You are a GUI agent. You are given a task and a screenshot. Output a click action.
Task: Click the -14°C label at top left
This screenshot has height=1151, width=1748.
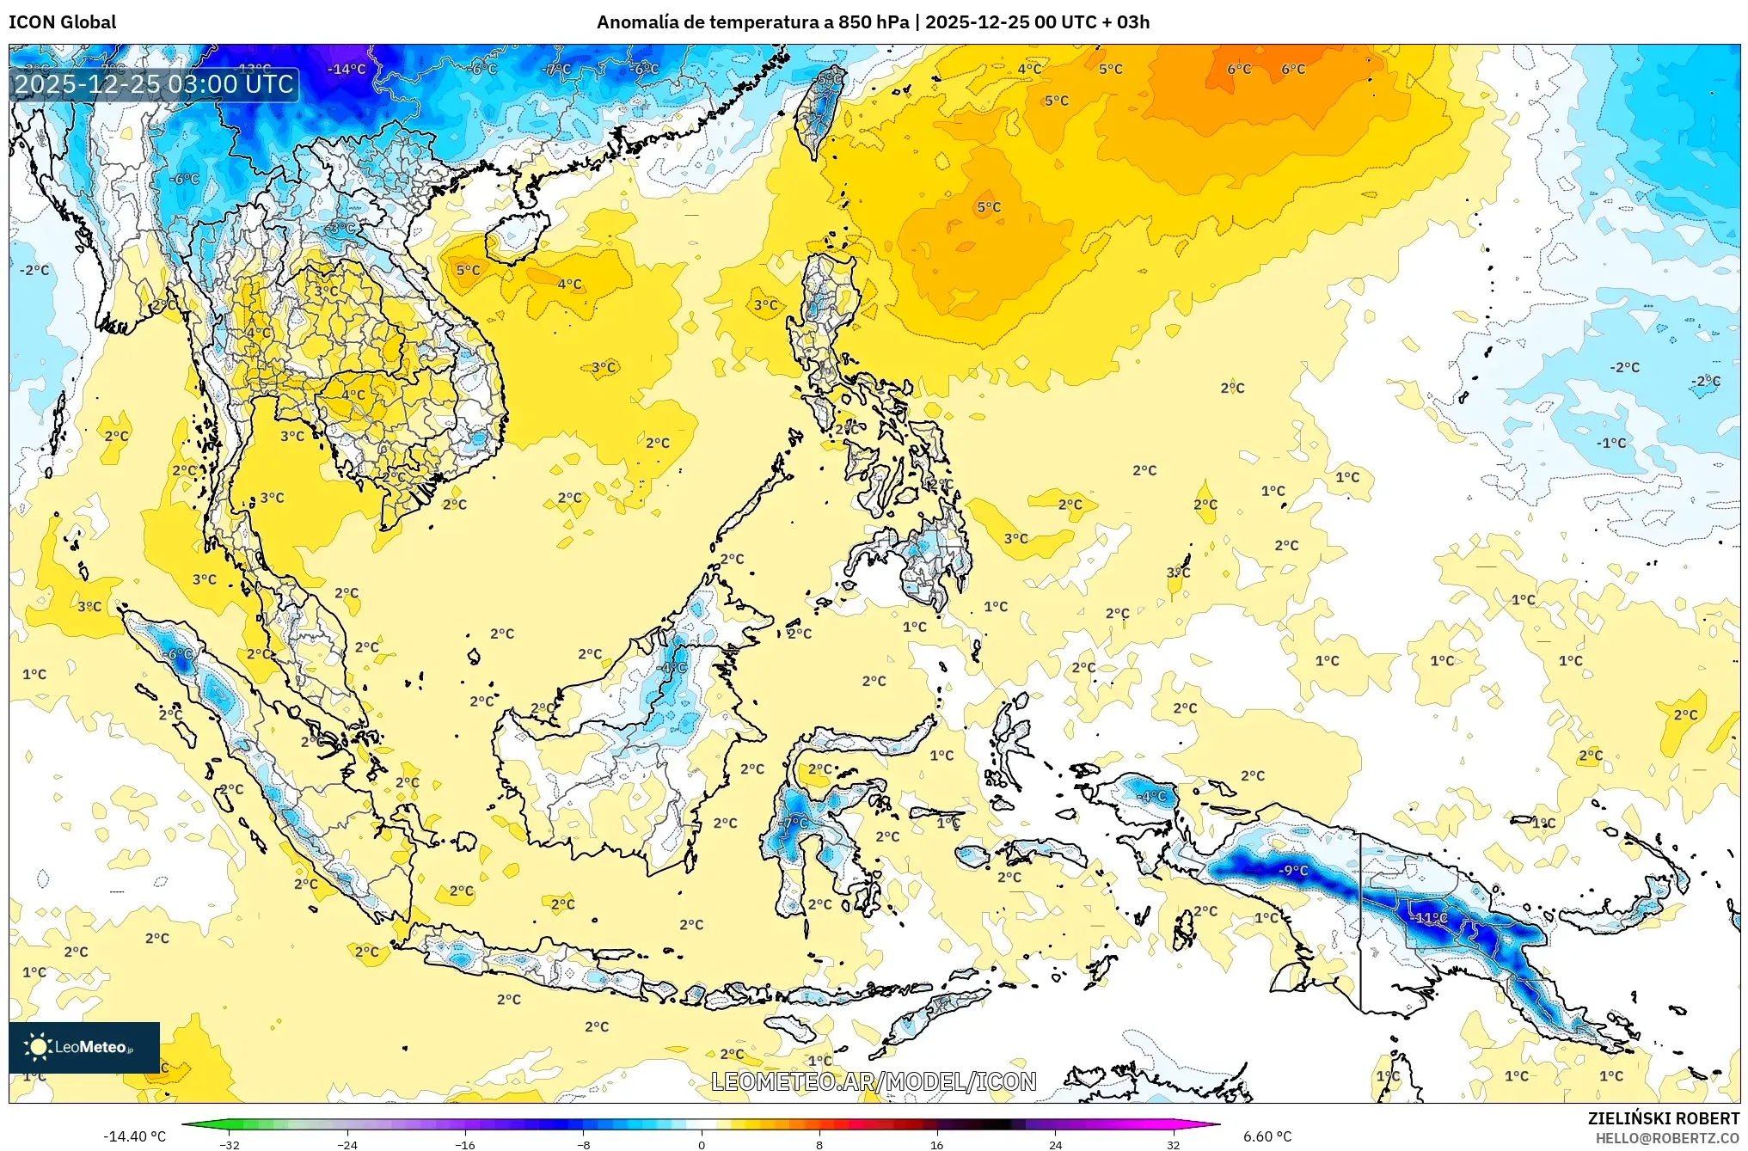347,69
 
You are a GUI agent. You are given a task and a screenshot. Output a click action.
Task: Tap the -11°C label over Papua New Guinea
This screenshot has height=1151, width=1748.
1430,917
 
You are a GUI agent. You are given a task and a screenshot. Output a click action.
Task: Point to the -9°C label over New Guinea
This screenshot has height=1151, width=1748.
1292,870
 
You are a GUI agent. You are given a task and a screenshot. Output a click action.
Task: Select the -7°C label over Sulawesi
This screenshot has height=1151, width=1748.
795,822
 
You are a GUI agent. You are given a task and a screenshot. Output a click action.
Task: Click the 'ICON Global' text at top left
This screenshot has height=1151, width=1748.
62,22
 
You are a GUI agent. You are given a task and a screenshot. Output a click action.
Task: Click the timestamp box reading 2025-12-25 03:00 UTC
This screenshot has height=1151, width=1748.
154,84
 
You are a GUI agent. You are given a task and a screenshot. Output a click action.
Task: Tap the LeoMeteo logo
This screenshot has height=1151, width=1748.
84,1047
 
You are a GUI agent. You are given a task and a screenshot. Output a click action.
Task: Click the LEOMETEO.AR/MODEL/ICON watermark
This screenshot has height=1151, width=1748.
874,1081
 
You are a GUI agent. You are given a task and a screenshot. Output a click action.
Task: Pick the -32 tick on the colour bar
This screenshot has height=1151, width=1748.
230,1144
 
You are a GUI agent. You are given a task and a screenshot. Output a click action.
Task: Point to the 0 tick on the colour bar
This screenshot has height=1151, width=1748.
702,1144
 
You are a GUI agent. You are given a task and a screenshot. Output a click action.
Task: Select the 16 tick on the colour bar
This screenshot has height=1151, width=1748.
937,1144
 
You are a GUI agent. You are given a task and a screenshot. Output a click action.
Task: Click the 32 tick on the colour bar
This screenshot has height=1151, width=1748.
1173,1144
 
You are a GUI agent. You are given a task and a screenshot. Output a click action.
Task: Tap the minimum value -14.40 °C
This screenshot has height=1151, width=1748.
134,1136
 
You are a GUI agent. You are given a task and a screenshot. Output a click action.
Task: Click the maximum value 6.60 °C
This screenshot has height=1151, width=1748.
1267,1136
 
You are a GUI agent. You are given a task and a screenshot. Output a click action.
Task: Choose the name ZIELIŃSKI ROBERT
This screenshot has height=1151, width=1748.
1663,1118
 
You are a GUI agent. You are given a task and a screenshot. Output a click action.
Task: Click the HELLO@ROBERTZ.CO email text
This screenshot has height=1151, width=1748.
1667,1138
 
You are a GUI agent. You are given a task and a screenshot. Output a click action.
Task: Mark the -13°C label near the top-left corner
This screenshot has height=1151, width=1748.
254,69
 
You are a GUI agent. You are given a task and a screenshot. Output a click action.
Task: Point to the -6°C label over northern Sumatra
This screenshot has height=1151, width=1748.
179,654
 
